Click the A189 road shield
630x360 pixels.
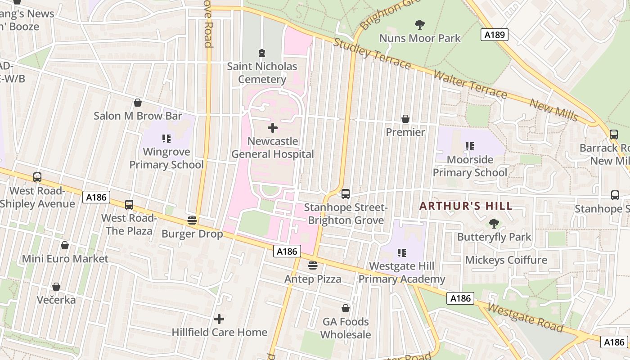(x=494, y=35)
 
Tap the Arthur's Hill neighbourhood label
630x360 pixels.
(x=466, y=206)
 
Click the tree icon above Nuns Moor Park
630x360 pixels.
(x=420, y=24)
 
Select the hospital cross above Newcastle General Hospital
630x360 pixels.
(x=272, y=128)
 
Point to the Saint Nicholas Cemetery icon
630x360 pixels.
(x=261, y=53)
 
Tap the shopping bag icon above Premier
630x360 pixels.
(x=405, y=119)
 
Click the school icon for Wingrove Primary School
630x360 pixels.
(x=166, y=139)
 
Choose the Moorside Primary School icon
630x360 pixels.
(x=470, y=146)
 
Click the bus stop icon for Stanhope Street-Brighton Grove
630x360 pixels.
(x=346, y=194)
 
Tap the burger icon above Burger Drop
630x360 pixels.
(x=192, y=220)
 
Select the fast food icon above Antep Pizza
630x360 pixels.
(x=313, y=265)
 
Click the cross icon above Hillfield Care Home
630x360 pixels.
(x=219, y=319)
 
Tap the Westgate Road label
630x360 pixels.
(x=525, y=317)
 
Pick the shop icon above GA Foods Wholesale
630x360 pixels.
(x=346, y=308)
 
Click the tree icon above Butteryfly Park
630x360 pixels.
(x=494, y=223)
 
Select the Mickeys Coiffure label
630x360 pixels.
(x=506, y=260)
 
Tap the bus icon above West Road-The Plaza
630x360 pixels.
(x=129, y=205)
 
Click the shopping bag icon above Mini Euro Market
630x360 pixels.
(x=65, y=245)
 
